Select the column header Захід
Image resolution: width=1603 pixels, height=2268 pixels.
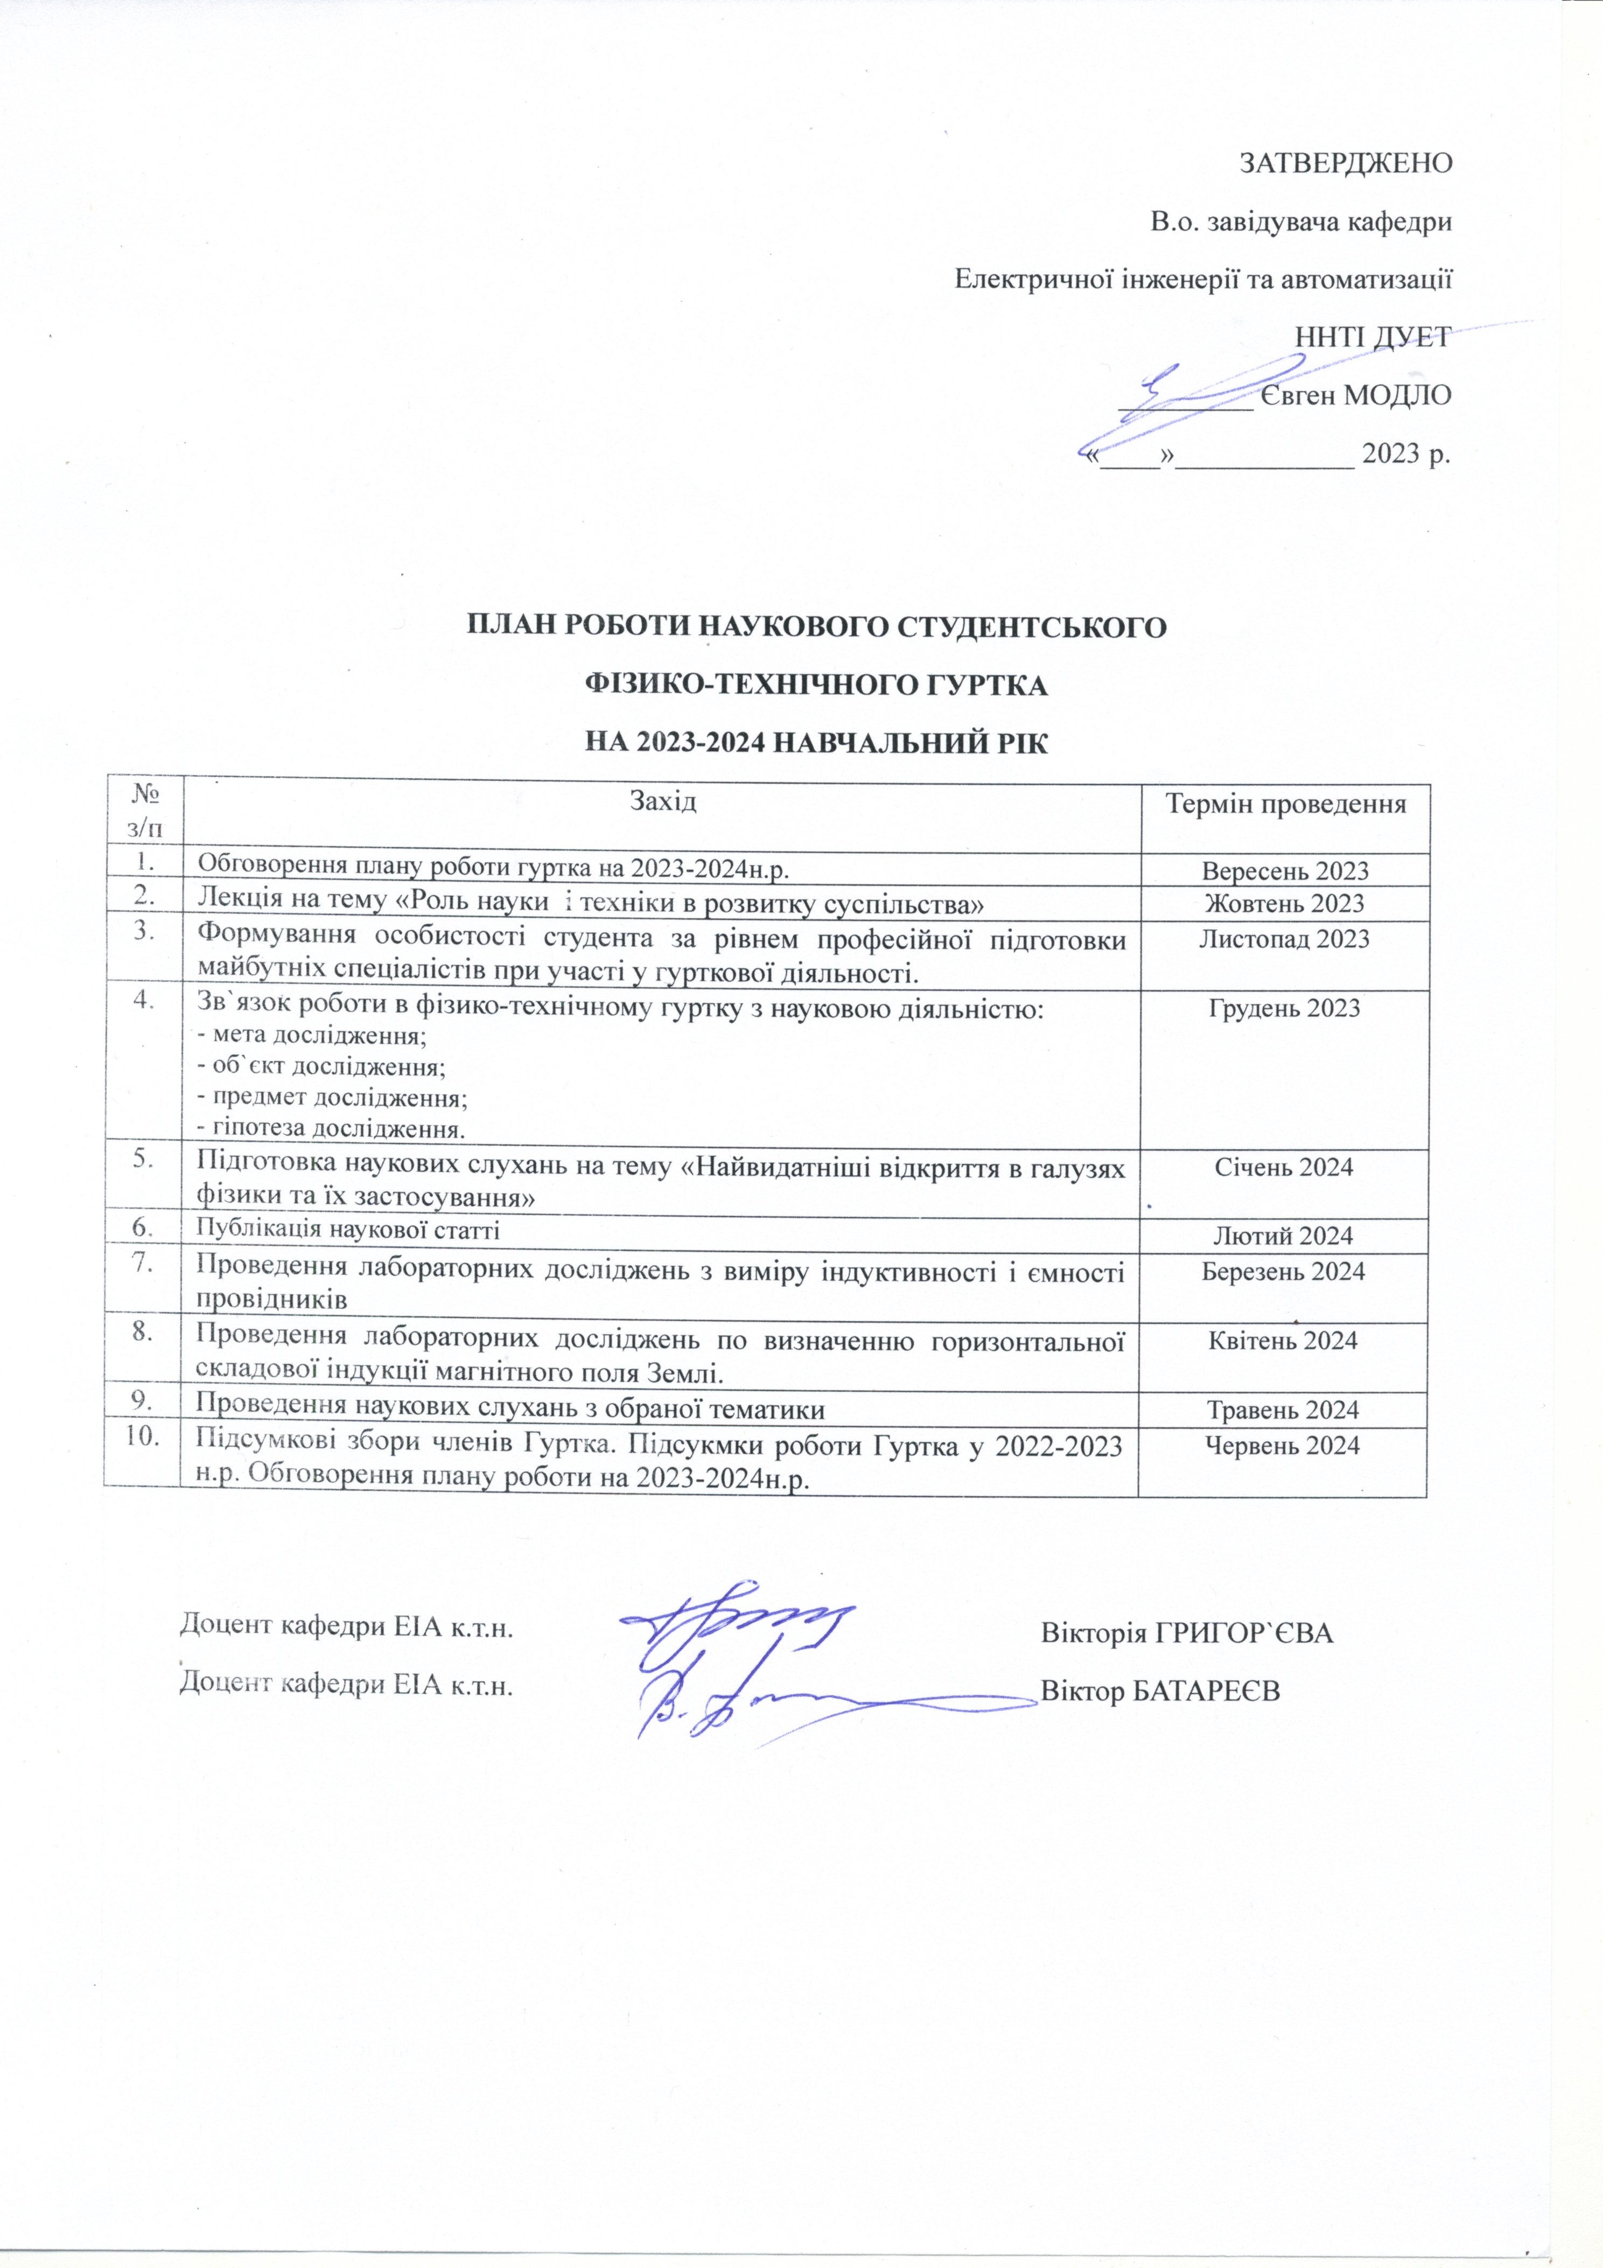click(x=663, y=800)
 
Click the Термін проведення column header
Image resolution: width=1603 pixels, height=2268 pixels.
click(x=1285, y=803)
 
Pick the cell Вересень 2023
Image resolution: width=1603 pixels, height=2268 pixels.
click(x=1285, y=871)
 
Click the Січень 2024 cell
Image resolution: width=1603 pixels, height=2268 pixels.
click(x=1283, y=1168)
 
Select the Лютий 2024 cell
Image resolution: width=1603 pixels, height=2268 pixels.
click(x=1283, y=1236)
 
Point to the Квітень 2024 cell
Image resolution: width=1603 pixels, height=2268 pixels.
click(x=1283, y=1341)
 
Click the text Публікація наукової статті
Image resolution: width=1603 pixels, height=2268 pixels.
click(x=348, y=1230)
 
